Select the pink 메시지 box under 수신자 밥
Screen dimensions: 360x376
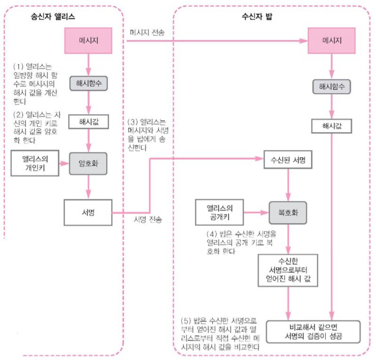click(331, 40)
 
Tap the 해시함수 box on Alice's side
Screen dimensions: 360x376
click(89, 83)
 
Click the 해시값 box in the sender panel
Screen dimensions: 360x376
click(89, 122)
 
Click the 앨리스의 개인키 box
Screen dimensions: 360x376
click(35, 163)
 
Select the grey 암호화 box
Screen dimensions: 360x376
click(89, 163)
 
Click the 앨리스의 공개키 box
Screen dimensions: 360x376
click(220, 211)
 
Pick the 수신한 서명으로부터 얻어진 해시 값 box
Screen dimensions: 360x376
click(288, 271)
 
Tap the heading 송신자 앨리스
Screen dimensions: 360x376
click(53, 17)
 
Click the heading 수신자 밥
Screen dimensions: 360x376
click(256, 17)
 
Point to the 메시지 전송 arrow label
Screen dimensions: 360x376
click(147, 32)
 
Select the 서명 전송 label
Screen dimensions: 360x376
click(148, 221)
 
